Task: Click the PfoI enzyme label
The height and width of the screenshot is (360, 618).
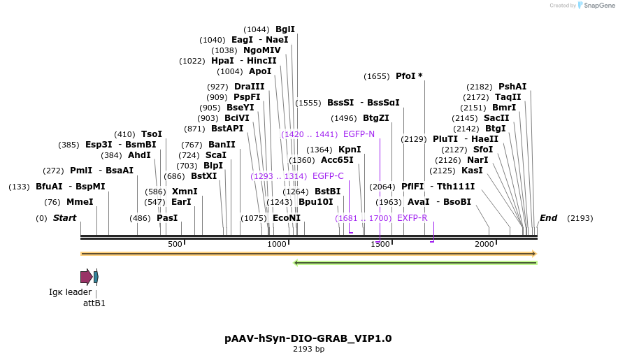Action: coord(405,75)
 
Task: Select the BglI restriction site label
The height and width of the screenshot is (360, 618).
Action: coord(285,29)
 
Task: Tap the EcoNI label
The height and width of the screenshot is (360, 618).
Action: coord(287,218)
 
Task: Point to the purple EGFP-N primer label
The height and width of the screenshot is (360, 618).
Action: coord(359,134)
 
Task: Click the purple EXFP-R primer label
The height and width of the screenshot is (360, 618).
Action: coord(412,218)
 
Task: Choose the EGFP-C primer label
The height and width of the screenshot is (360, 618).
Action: coord(328,176)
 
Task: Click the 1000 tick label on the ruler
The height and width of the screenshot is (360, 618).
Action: coord(278,244)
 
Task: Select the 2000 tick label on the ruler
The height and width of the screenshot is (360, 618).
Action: coord(484,244)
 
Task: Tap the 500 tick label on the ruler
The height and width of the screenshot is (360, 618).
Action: coord(175,244)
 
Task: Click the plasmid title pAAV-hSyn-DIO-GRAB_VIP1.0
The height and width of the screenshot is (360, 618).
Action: coord(308,338)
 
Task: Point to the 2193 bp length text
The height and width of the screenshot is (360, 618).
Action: coord(308,349)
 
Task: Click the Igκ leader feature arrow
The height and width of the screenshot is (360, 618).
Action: coord(86,277)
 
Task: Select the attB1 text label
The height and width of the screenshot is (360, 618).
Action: coord(94,303)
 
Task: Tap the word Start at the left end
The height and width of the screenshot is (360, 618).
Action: coord(64,218)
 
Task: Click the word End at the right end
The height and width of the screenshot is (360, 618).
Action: coord(548,218)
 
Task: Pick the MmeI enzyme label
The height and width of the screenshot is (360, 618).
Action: coord(80,202)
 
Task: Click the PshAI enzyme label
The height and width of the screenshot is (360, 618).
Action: coord(512,87)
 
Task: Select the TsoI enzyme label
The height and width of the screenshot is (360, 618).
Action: coord(152,134)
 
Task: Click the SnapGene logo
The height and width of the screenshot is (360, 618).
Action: coord(594,6)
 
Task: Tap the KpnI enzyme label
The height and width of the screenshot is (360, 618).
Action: coord(350,150)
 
